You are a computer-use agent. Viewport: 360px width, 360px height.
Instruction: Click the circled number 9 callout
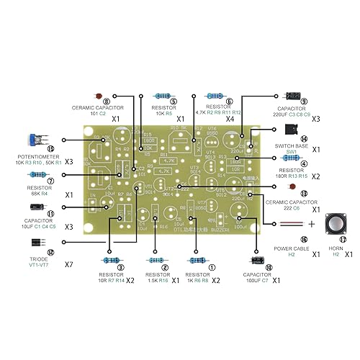(x=305, y=102)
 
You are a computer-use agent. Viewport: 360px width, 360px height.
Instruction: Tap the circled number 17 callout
(x=343, y=240)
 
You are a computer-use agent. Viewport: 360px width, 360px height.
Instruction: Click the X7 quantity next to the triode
(x=69, y=265)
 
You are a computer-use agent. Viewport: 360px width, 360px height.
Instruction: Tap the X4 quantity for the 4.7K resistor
(x=229, y=118)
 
